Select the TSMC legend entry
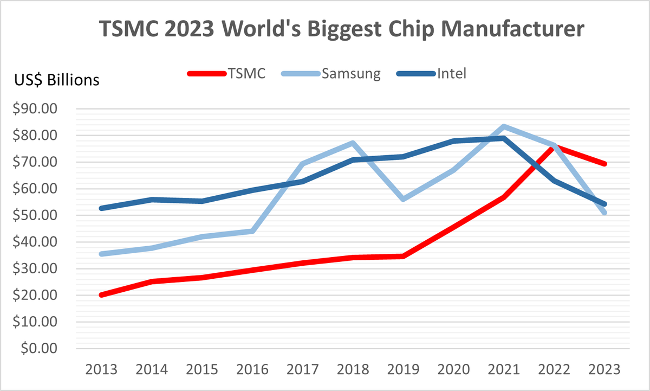coord(227,74)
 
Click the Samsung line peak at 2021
coord(504,126)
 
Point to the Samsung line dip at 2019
coord(404,199)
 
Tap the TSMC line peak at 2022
coord(554,146)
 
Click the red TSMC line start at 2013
coord(101,294)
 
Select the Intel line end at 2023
coord(604,204)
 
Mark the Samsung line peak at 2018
coord(353,143)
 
